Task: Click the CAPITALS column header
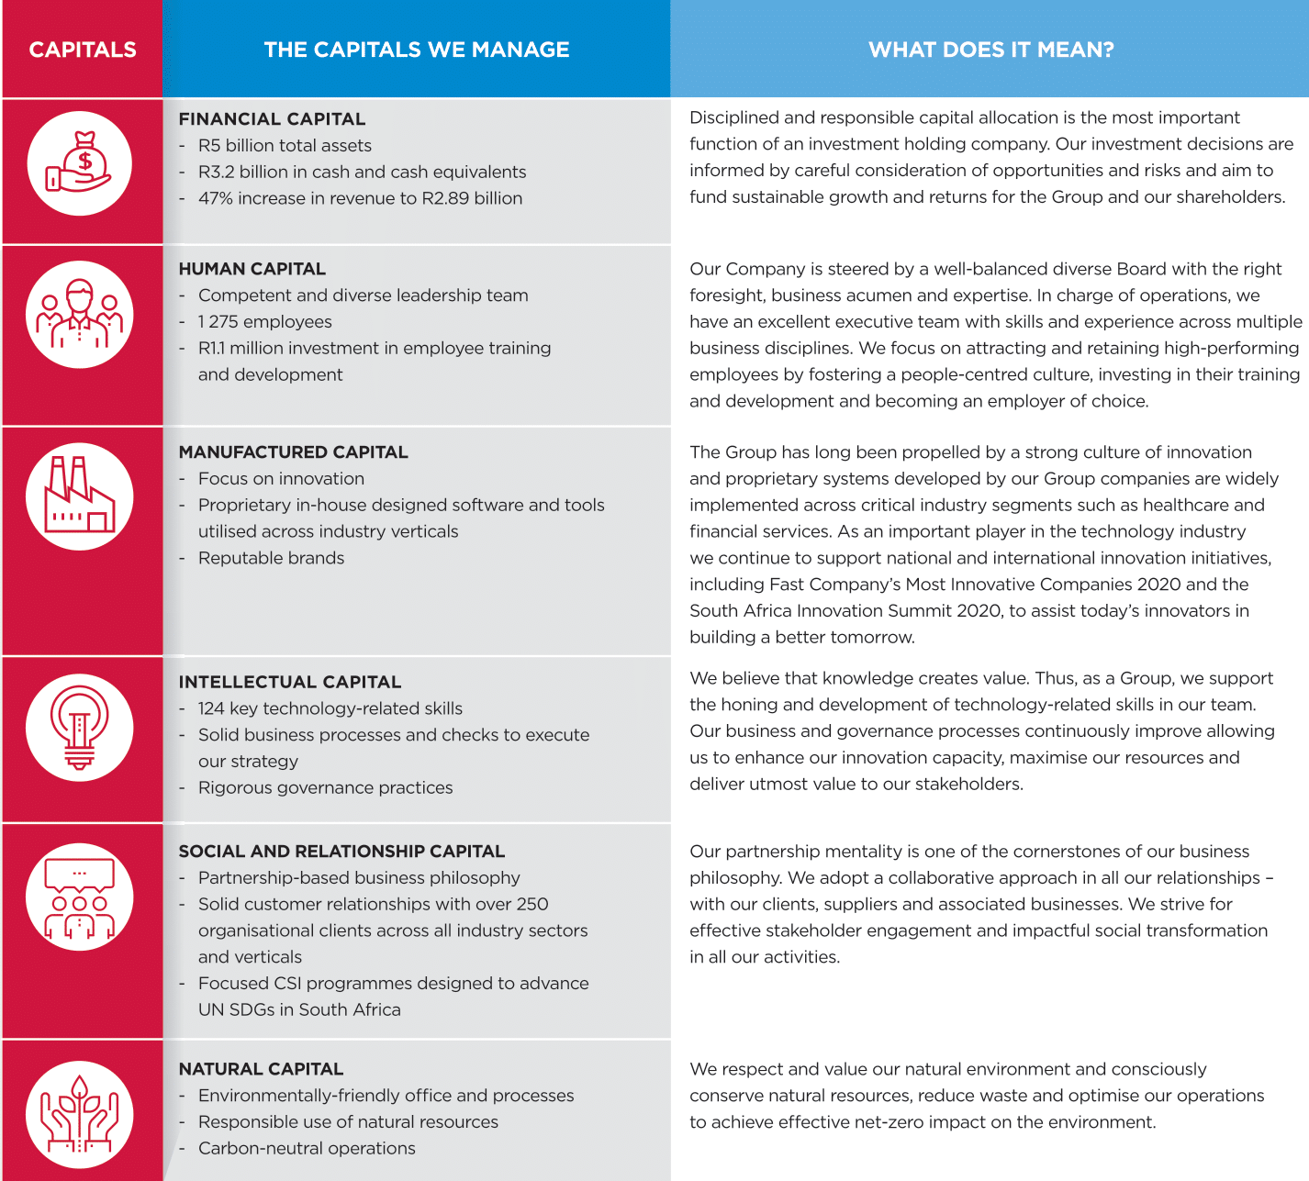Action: pos(83,50)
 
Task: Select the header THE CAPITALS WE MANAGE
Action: pos(417,50)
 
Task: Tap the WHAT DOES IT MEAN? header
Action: pos(990,50)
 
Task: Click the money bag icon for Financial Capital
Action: pos(80,163)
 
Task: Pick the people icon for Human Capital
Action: pos(80,315)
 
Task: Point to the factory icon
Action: pos(80,496)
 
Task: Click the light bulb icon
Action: pos(80,728)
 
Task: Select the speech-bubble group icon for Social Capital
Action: pos(80,897)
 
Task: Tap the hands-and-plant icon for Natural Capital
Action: pos(80,1114)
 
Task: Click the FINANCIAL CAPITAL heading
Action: pos(272,119)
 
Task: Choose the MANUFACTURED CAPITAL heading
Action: pos(293,452)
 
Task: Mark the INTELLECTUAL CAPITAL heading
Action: pos(289,682)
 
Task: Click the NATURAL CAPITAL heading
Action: pos(261,1069)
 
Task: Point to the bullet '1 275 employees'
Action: pos(264,322)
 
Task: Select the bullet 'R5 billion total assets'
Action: pos(285,146)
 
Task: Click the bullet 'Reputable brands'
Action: pos(271,558)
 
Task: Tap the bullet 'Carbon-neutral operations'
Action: pos(307,1148)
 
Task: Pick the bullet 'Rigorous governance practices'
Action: pos(325,787)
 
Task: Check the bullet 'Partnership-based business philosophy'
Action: pos(359,878)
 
